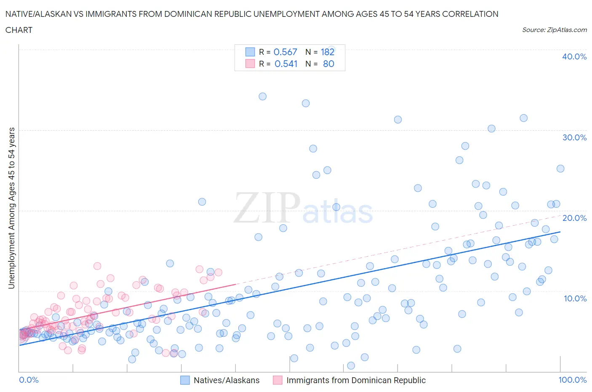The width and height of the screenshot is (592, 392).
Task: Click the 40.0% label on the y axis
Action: tap(574, 56)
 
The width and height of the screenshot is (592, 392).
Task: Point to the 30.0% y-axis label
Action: tap(574, 137)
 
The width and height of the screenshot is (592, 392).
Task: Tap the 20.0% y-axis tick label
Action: tap(574, 218)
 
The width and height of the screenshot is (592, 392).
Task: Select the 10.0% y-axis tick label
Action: tap(574, 298)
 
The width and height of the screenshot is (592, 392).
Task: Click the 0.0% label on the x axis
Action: tap(29, 380)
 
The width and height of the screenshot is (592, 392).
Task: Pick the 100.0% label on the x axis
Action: tap(572, 380)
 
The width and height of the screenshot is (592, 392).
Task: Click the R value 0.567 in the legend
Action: tap(285, 52)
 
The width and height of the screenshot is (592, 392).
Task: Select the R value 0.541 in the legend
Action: tap(286, 64)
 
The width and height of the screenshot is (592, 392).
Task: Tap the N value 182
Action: tap(328, 52)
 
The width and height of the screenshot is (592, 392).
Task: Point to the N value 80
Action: tap(328, 64)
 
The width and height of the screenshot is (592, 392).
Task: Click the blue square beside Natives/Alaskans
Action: tap(185, 380)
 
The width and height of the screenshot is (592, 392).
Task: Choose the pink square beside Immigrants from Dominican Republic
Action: tap(277, 380)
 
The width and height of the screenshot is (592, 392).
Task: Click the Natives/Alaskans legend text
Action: tap(227, 380)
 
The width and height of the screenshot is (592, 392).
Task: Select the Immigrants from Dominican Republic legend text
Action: tap(356, 380)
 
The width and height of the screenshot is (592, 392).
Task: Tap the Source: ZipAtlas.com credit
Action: tap(554, 30)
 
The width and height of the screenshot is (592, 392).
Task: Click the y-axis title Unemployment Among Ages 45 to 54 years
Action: tap(11, 208)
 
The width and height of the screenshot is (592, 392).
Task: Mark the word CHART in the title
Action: tap(19, 30)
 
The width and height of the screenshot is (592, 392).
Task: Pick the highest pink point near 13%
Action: tap(97, 266)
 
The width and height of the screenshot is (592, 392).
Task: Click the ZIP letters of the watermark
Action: tap(267, 207)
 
